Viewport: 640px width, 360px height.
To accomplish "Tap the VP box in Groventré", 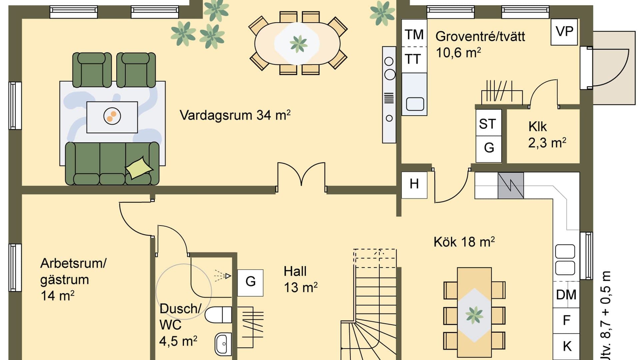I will [564, 32].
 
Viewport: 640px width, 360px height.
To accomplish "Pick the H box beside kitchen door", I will [414, 184].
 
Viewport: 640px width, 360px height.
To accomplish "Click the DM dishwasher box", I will [566, 295].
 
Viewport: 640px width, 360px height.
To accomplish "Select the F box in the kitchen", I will [566, 320].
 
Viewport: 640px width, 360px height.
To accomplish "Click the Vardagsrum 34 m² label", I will [235, 115].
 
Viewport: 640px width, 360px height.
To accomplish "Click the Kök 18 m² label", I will [464, 242].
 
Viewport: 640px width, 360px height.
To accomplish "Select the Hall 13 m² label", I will [300, 279].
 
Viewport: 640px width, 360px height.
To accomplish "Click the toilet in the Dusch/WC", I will [218, 315].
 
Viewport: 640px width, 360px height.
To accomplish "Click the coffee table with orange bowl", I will [112, 117].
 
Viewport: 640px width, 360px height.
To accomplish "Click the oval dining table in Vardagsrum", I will [297, 44].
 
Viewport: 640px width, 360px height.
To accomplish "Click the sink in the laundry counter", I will [415, 104].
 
